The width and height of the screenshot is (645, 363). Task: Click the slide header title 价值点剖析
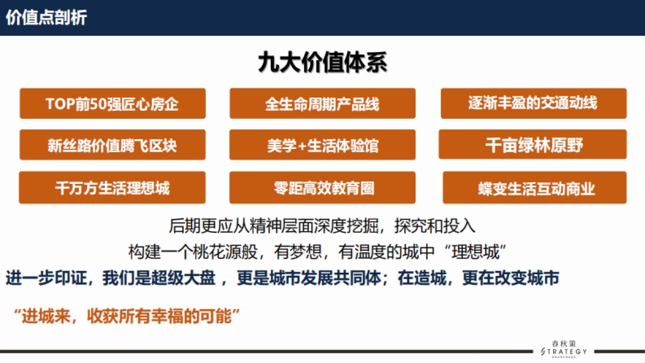click(46, 17)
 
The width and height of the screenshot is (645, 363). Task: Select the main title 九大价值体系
click(322, 63)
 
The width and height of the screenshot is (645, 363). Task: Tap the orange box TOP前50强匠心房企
click(112, 103)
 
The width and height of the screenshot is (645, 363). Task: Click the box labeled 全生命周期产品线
click(322, 103)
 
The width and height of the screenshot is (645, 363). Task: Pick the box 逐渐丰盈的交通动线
click(533, 103)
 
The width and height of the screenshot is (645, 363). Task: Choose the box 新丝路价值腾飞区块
click(112, 145)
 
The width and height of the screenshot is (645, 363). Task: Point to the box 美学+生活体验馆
click(322, 145)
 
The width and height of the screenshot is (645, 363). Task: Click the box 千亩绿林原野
click(533, 144)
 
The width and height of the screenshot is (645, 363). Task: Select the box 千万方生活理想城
click(112, 188)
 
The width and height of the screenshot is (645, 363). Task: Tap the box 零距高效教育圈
click(322, 188)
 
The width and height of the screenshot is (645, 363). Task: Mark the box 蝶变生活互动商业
click(535, 188)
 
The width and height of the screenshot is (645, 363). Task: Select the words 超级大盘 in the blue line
click(189, 279)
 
